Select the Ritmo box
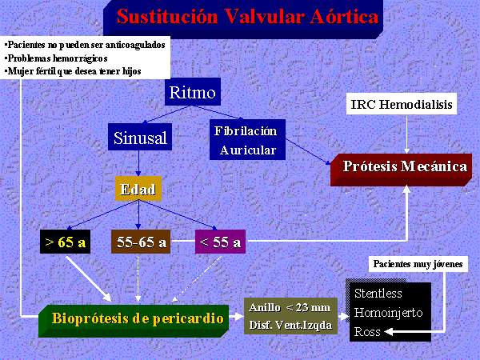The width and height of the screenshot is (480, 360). click(x=193, y=91)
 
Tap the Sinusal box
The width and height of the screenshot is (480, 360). click(x=140, y=137)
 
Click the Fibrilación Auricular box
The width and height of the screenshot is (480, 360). click(x=247, y=140)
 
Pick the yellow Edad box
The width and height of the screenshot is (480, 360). click(x=138, y=189)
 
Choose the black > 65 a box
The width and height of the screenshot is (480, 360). click(x=66, y=242)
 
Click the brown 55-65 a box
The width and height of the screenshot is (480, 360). click(x=141, y=242)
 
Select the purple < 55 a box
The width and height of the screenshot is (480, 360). click(x=221, y=242)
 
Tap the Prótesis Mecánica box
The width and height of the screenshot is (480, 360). click(x=401, y=170)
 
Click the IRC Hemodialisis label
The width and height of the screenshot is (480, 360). click(x=402, y=104)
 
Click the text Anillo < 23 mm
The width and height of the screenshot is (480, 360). click(x=290, y=307)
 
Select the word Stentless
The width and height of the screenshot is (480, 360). click(x=378, y=294)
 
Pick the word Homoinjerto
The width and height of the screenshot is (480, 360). click(x=389, y=313)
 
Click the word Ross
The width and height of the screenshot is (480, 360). click(x=367, y=332)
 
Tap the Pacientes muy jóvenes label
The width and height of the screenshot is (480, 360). click(x=418, y=264)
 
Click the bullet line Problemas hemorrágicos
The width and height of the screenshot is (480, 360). click(x=56, y=58)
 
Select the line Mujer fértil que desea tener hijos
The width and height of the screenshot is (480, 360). click(x=73, y=71)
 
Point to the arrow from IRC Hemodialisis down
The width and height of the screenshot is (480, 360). click(x=406, y=134)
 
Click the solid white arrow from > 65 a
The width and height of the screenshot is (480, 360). click(x=89, y=279)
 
